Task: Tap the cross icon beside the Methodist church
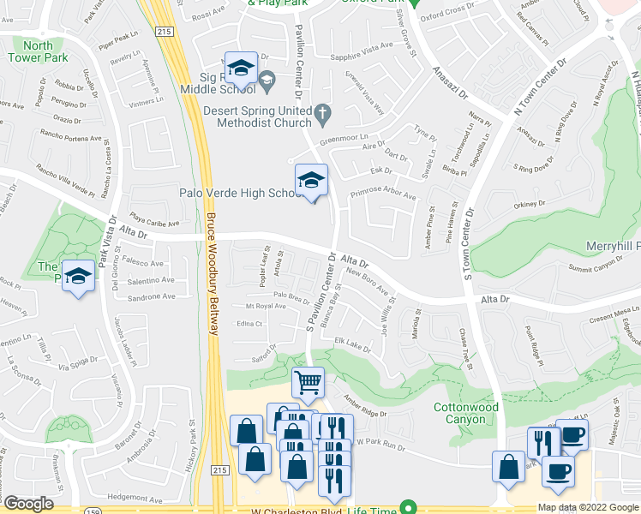(x=322, y=112)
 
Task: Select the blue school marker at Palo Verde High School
(x=311, y=181)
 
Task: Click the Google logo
(x=28, y=505)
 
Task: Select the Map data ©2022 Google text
(x=588, y=507)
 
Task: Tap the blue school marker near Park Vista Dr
(x=78, y=278)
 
